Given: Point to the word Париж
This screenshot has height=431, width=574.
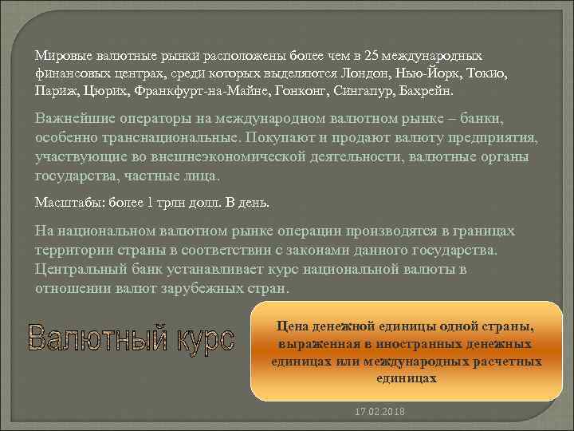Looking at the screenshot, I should point(55,90).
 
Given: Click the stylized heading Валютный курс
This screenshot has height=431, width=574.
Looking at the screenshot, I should point(132,338).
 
